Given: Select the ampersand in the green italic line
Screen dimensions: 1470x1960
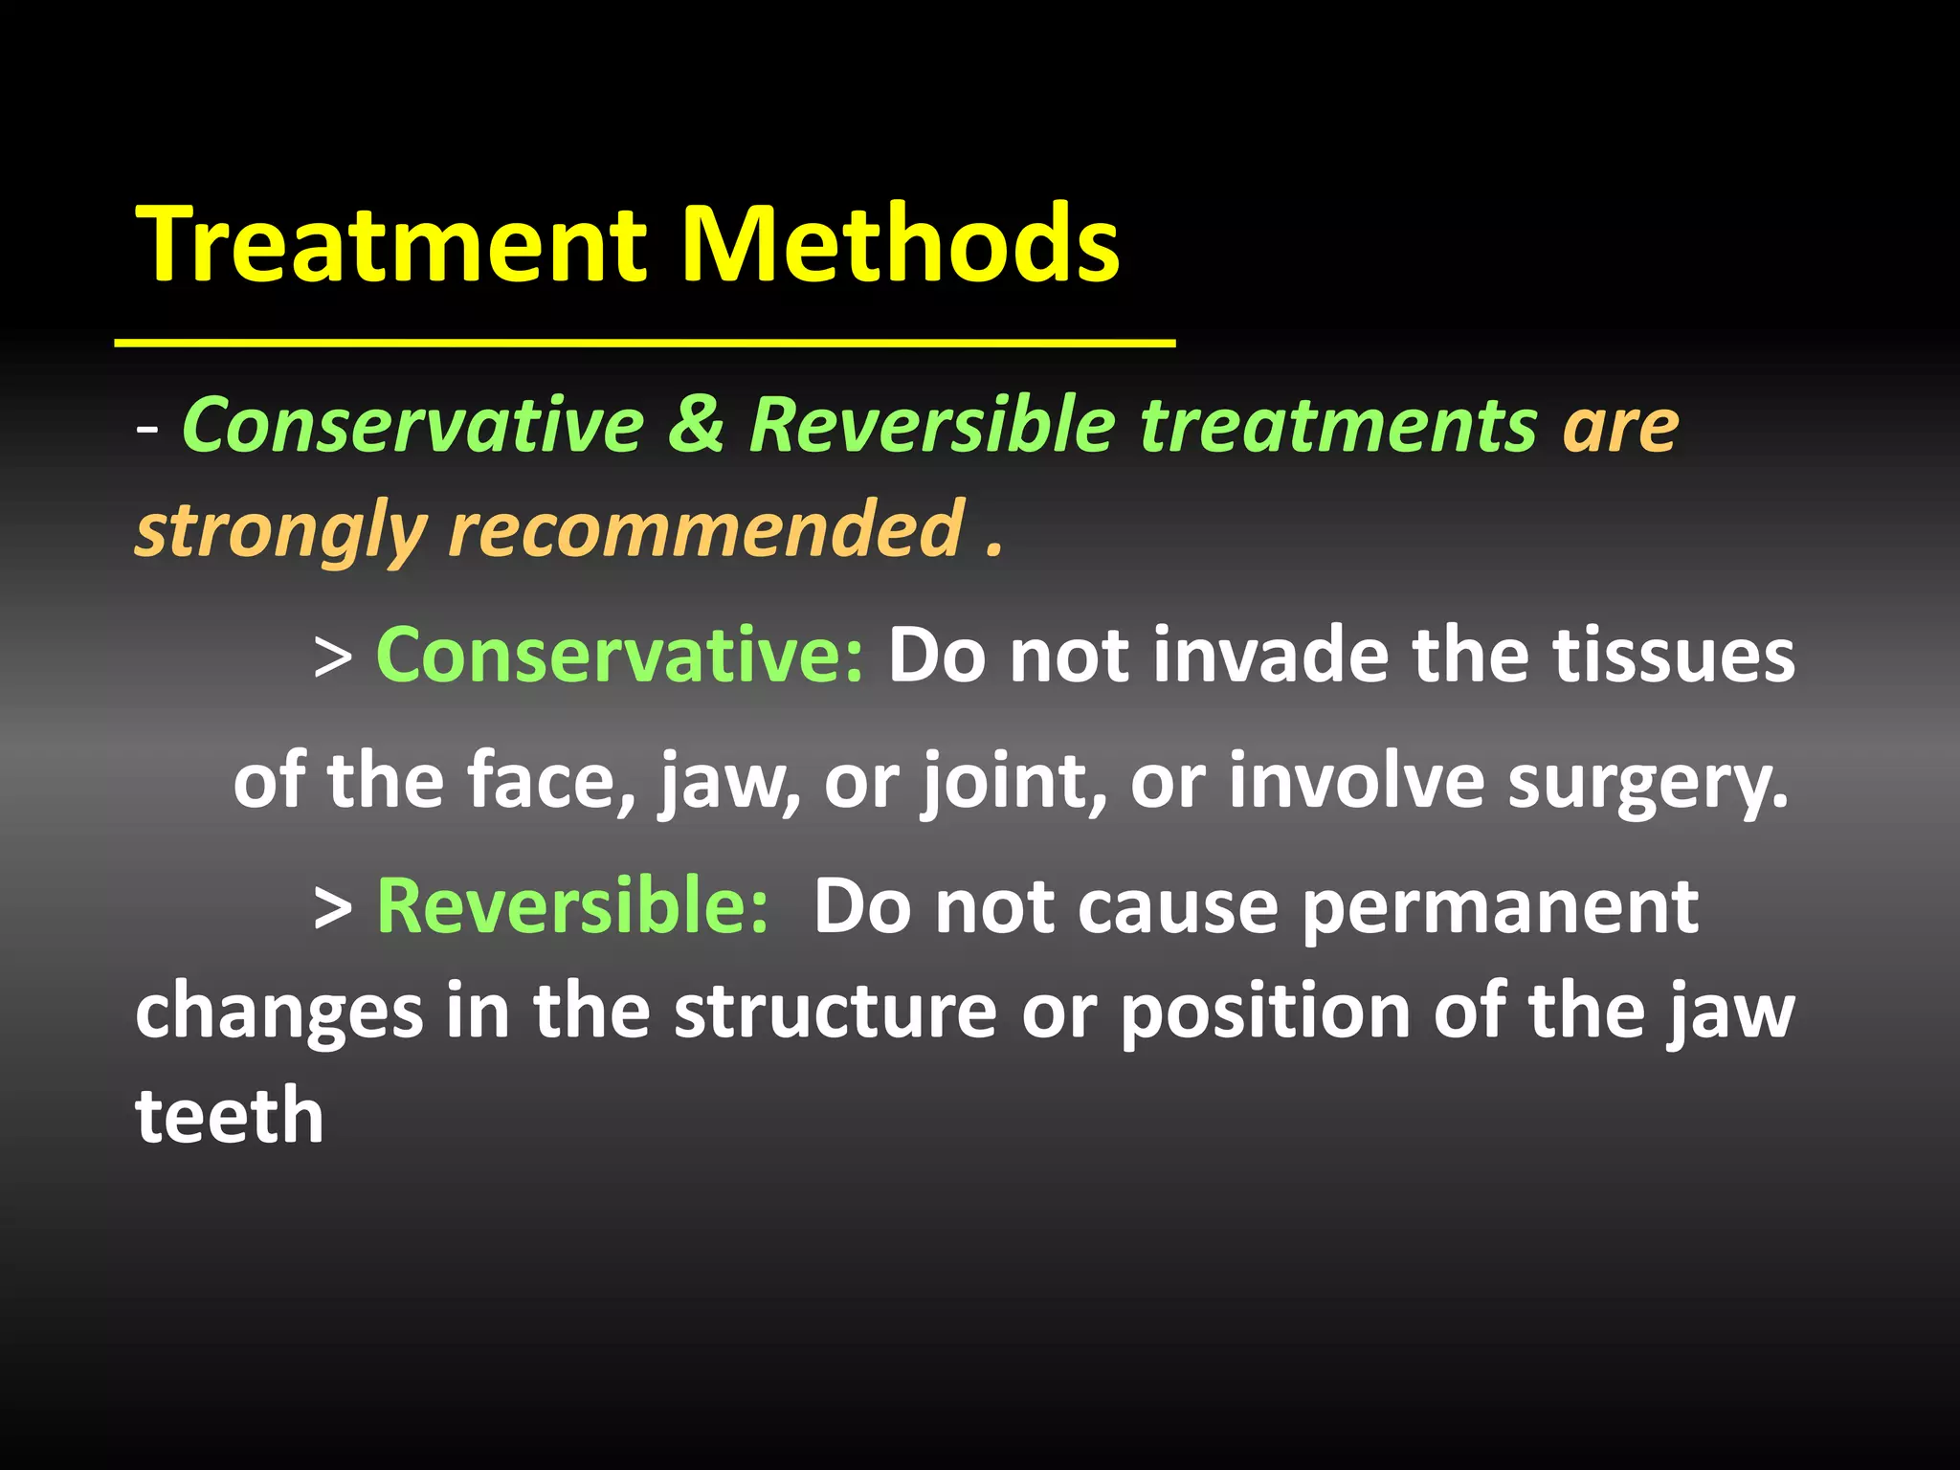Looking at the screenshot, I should [x=696, y=424].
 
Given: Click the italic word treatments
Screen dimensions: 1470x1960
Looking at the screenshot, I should [x=1338, y=424].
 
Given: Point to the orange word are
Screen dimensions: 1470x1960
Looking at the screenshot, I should [x=1620, y=426].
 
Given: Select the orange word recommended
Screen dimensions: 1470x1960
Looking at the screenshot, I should [x=706, y=528].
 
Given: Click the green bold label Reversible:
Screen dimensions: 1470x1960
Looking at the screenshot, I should [x=572, y=905].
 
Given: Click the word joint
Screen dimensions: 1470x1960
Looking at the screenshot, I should [x=1013, y=781].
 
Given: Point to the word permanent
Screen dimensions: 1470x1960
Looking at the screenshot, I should [x=1501, y=907].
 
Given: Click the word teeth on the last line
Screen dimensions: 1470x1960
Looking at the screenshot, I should [x=230, y=1116].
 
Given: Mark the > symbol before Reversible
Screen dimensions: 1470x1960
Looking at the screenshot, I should [x=333, y=907].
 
